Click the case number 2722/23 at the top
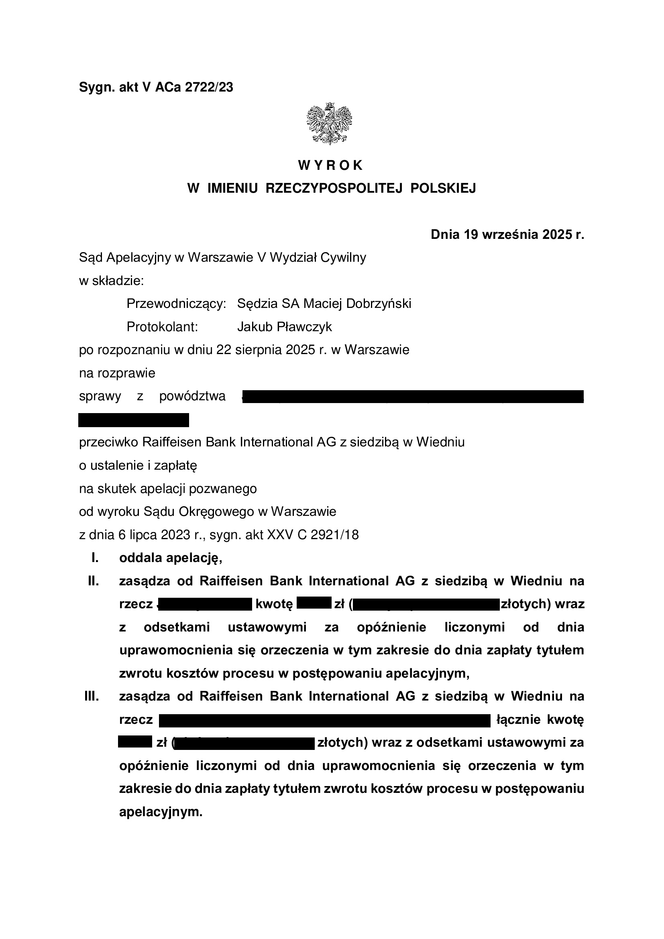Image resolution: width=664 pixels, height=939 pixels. [209, 87]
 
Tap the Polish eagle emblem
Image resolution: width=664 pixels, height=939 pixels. [330, 124]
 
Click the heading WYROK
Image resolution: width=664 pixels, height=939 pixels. [331, 165]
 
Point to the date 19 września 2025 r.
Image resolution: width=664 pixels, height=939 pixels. [523, 234]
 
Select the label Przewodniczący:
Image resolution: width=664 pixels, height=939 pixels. [176, 303]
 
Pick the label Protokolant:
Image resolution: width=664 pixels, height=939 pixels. [162, 327]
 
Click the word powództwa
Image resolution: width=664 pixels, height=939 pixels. [192, 396]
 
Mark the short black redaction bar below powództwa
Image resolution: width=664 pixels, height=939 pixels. [134, 420]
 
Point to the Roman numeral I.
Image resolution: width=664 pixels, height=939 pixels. [95, 558]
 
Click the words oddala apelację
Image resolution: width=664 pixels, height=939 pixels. [171, 558]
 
